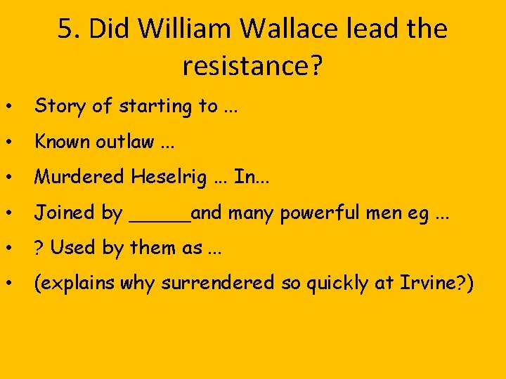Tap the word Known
(63, 142)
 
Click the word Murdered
(79, 177)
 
